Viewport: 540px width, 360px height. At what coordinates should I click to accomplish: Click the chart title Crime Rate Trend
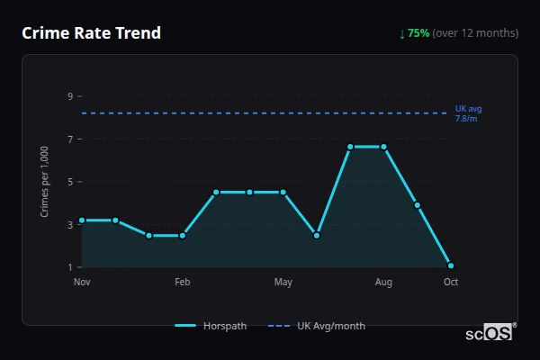(91, 33)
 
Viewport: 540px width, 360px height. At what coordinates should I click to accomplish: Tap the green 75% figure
(418, 33)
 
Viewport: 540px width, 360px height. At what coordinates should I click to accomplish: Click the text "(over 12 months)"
(475, 33)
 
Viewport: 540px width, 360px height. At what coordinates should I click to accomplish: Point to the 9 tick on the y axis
(69, 96)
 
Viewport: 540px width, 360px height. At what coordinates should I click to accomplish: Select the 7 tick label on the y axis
(69, 139)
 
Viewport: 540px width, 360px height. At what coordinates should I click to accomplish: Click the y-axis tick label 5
(69, 182)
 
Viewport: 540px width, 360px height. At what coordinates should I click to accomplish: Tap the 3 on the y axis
(69, 225)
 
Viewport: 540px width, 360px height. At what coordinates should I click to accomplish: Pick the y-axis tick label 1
(69, 267)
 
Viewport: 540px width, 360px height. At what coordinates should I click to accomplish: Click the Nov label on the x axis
(82, 283)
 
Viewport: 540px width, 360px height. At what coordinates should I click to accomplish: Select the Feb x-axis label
(183, 283)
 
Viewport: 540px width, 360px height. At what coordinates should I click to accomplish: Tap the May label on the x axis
(283, 283)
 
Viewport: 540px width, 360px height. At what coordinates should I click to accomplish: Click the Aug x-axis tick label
(383, 283)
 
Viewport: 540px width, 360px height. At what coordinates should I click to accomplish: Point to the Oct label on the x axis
(451, 283)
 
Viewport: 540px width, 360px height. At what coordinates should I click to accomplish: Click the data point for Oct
(451, 265)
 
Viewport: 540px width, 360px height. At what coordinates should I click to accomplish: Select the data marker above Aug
(383, 147)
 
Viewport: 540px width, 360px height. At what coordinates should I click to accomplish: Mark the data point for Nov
(82, 220)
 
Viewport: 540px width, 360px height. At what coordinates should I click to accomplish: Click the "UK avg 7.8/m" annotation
(468, 113)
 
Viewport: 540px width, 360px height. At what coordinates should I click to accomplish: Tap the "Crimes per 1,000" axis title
(45, 181)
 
